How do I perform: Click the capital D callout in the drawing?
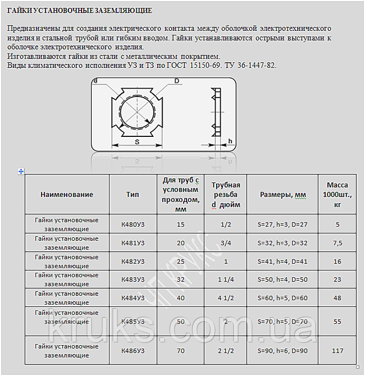pos(177,81)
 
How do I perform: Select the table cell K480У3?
pos(133,224)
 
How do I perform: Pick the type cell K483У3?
pos(133,280)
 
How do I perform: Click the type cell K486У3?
pos(133,350)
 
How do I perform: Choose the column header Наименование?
pos(67,194)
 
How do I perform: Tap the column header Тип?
pos(133,194)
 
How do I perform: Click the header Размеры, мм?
pos(283,195)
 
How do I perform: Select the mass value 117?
pos(338,350)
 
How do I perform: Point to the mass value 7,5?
pos(338,243)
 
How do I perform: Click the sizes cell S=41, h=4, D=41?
pos(283,261)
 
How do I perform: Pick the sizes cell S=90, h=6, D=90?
pos(283,350)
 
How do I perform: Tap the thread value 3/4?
pos(225,243)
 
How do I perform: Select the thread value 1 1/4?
pos(225,280)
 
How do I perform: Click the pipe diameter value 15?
pos(181,224)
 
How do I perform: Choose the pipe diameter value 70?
pos(181,350)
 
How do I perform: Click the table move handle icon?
pos(21,171)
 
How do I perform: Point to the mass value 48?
pos(338,298)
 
